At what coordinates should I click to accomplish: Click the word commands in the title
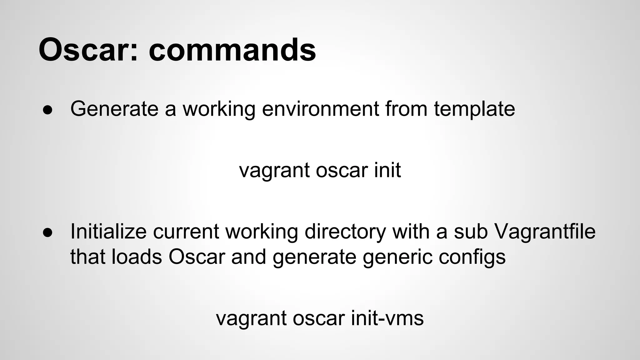click(232, 50)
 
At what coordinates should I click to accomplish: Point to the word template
click(474, 109)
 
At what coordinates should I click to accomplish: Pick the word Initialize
click(108, 232)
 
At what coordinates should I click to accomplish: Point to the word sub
click(471, 232)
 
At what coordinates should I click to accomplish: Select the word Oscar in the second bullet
click(197, 257)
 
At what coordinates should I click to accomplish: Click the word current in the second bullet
click(186, 232)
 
